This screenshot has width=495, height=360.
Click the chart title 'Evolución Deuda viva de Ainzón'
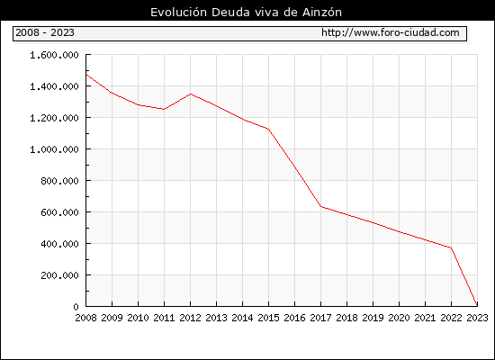pos(246,13)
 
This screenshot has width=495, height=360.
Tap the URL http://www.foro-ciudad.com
pos(391,32)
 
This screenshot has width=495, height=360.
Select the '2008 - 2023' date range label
pos(45,32)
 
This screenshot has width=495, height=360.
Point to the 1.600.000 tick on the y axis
pos(54,55)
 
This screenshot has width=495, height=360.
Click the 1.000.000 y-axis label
pos(54,149)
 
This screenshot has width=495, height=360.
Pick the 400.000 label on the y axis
pos(59,244)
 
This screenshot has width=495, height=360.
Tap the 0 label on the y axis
pos(76,307)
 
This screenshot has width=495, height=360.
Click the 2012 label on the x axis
pos(190,318)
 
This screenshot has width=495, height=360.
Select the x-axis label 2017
pos(320,318)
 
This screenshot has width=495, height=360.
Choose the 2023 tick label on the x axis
pos(477,318)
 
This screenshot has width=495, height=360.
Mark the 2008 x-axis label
pos(85,318)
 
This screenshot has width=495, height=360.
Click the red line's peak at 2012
pos(191,94)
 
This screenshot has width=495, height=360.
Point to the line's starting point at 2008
pos(86,75)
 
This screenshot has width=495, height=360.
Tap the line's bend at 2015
pos(269,130)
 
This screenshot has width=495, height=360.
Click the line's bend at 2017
pos(320,206)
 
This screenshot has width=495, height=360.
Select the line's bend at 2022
pos(451,247)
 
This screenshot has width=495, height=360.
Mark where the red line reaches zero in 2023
pos(477,306)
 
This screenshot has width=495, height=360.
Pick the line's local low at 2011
pos(164,109)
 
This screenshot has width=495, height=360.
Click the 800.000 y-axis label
pos(59,181)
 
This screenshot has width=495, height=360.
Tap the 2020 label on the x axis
pos(399,318)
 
